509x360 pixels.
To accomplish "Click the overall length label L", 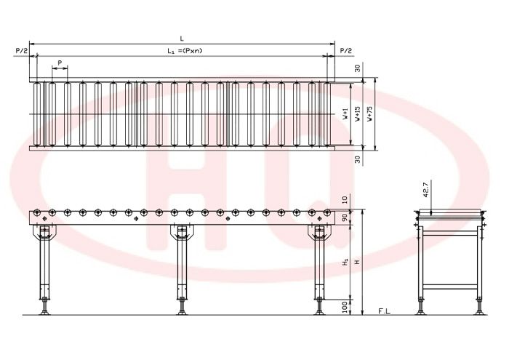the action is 182,39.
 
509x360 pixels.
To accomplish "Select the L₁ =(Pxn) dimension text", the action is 185,51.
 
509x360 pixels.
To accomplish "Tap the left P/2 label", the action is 21,51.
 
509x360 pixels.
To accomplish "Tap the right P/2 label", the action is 345,51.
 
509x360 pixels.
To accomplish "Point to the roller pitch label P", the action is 60,63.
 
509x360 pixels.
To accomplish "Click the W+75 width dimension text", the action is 370,113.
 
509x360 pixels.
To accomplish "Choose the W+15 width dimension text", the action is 358,113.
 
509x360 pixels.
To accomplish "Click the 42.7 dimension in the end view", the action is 426,190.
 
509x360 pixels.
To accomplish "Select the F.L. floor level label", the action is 385,311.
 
